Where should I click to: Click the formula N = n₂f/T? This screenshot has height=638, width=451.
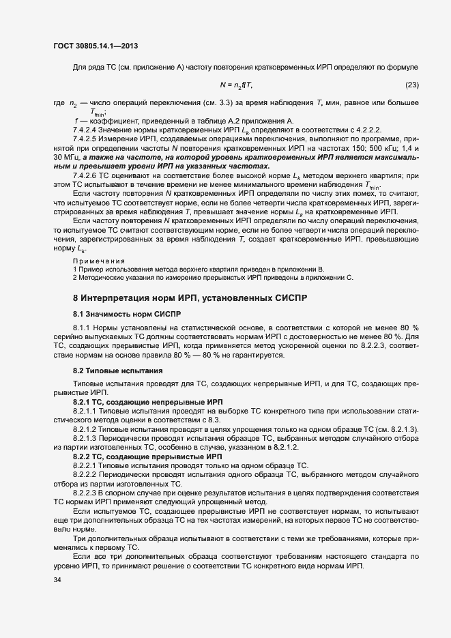coord(236,85)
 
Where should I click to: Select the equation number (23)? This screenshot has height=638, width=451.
coord(411,85)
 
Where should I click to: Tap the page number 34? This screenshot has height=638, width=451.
coord(57,581)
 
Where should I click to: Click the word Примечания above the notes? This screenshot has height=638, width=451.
coord(99,261)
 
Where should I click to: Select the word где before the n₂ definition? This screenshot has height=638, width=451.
coord(58,102)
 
